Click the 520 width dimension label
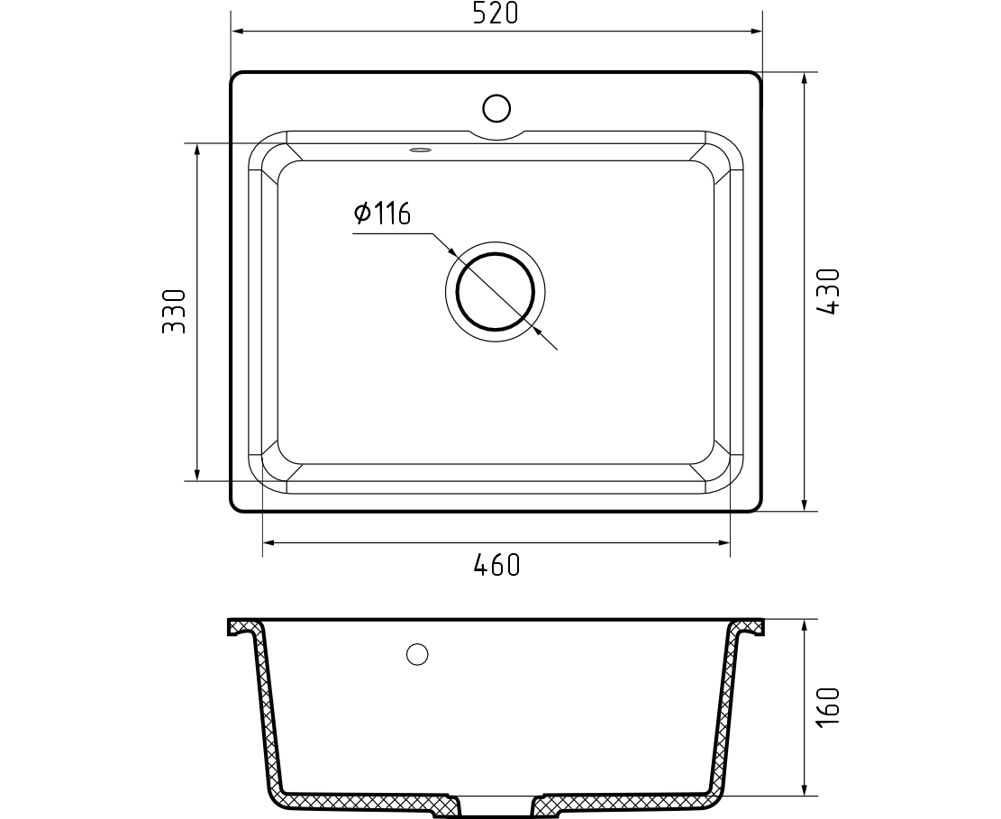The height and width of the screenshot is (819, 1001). tap(496, 13)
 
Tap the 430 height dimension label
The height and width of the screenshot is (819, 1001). tap(829, 291)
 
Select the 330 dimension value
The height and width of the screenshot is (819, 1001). tap(174, 312)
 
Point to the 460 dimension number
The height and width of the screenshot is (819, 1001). tap(496, 565)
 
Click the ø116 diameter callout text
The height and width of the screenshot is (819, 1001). tap(382, 214)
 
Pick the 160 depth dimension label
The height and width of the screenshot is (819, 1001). tap(829, 706)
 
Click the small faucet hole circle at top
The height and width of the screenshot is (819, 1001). tap(496, 108)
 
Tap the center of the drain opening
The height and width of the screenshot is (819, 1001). tap(496, 292)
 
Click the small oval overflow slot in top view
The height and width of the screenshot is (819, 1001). tap(420, 150)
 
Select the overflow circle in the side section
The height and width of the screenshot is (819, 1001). tap(417, 654)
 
